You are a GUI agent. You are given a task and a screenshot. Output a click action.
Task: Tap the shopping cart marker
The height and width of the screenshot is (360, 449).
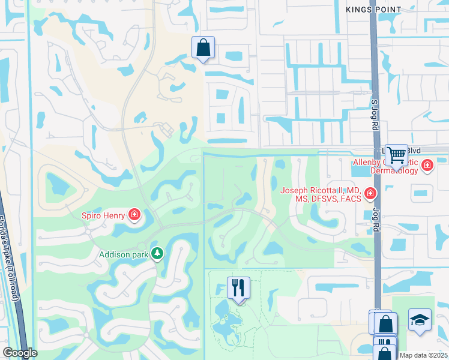click(396, 155)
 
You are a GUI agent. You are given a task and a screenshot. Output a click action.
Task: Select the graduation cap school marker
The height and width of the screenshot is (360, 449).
click(420, 320)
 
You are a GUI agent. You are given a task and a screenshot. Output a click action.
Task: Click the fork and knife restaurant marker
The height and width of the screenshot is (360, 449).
click(238, 288)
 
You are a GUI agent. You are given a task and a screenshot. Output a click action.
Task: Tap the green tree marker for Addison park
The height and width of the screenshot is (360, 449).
click(157, 254)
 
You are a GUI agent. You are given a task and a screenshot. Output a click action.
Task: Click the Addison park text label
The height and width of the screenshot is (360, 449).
click(123, 254)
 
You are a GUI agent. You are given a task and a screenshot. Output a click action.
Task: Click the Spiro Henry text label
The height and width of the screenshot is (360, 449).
click(103, 215)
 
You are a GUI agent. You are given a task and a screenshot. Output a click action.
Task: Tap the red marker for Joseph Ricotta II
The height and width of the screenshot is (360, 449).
click(370, 193)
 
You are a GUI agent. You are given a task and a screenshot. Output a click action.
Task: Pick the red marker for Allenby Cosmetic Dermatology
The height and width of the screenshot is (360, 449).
click(427, 165)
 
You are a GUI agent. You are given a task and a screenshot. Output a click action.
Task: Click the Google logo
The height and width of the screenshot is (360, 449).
click(19, 353)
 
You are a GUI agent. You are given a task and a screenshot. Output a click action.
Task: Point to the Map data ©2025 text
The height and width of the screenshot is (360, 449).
click(424, 355)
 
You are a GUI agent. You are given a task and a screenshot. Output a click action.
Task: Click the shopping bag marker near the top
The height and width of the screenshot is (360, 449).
click(203, 47)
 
